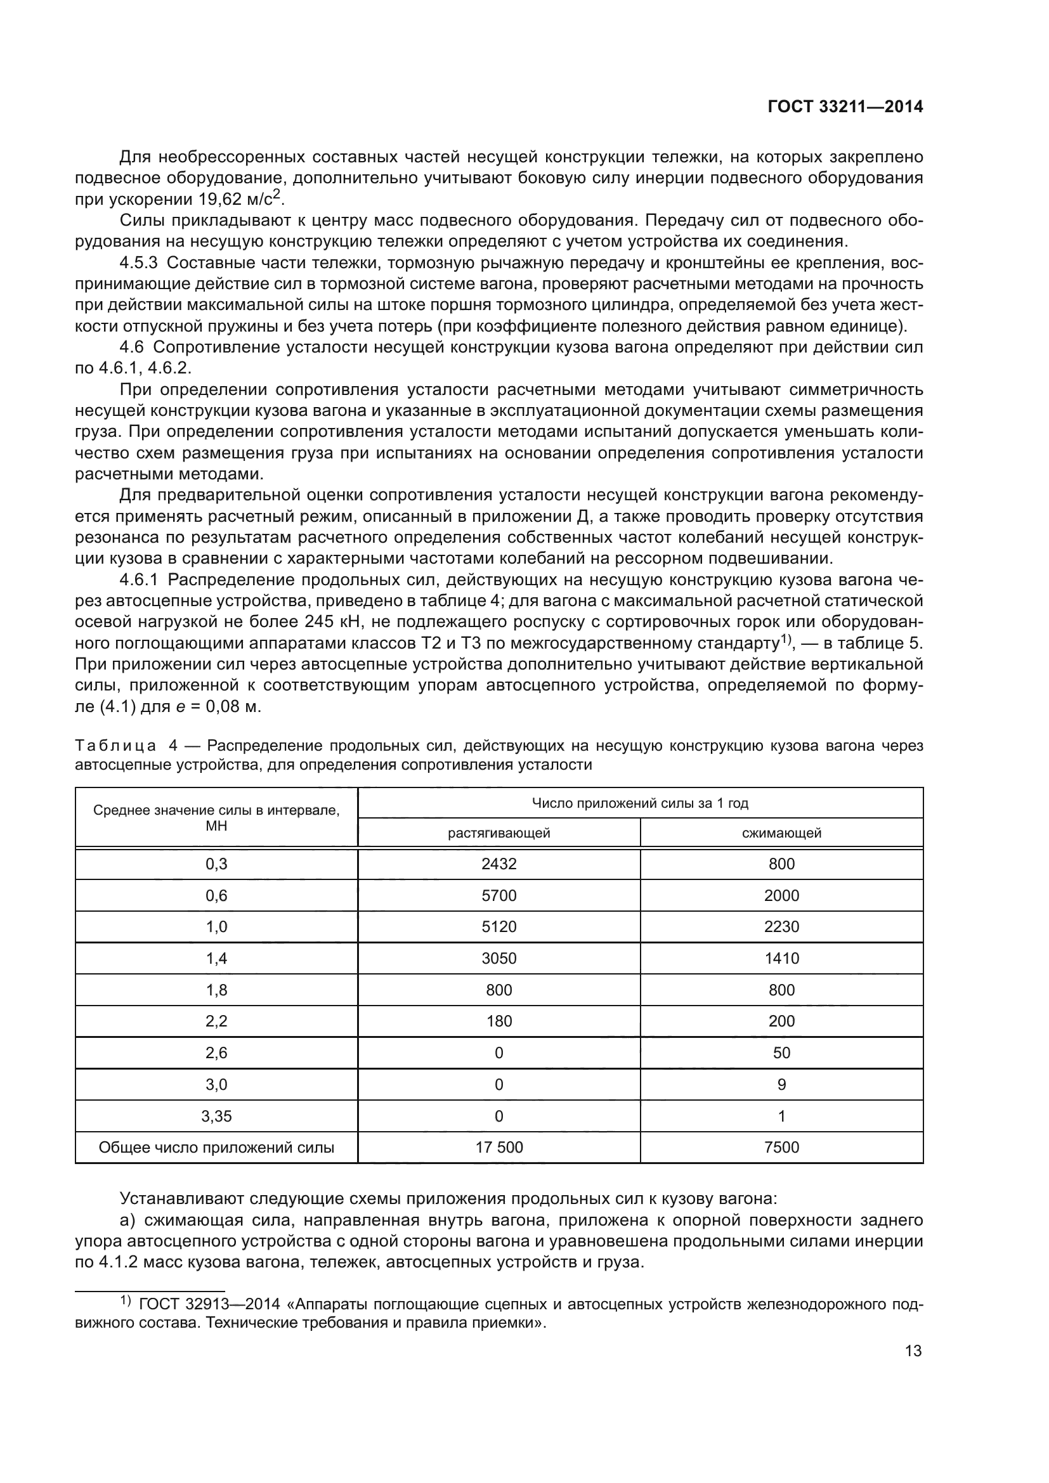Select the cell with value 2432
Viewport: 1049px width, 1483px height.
[498, 864]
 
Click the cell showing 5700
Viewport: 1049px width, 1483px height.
[498, 896]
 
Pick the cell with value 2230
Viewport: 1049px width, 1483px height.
[781, 927]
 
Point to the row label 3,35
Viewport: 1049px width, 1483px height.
[216, 1116]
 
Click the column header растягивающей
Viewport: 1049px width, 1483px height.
[498, 833]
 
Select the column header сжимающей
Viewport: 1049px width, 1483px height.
[781, 833]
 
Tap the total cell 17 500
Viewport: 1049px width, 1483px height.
[498, 1148]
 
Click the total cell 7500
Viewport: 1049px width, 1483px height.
[781, 1148]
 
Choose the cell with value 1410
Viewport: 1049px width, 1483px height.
[781, 959]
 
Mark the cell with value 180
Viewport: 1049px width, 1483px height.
[498, 1021]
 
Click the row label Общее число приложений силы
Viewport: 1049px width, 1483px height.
[216, 1148]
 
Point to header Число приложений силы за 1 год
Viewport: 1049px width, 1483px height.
[639, 803]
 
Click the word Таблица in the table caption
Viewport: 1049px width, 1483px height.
[115, 747]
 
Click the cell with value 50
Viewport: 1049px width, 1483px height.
[781, 1053]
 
